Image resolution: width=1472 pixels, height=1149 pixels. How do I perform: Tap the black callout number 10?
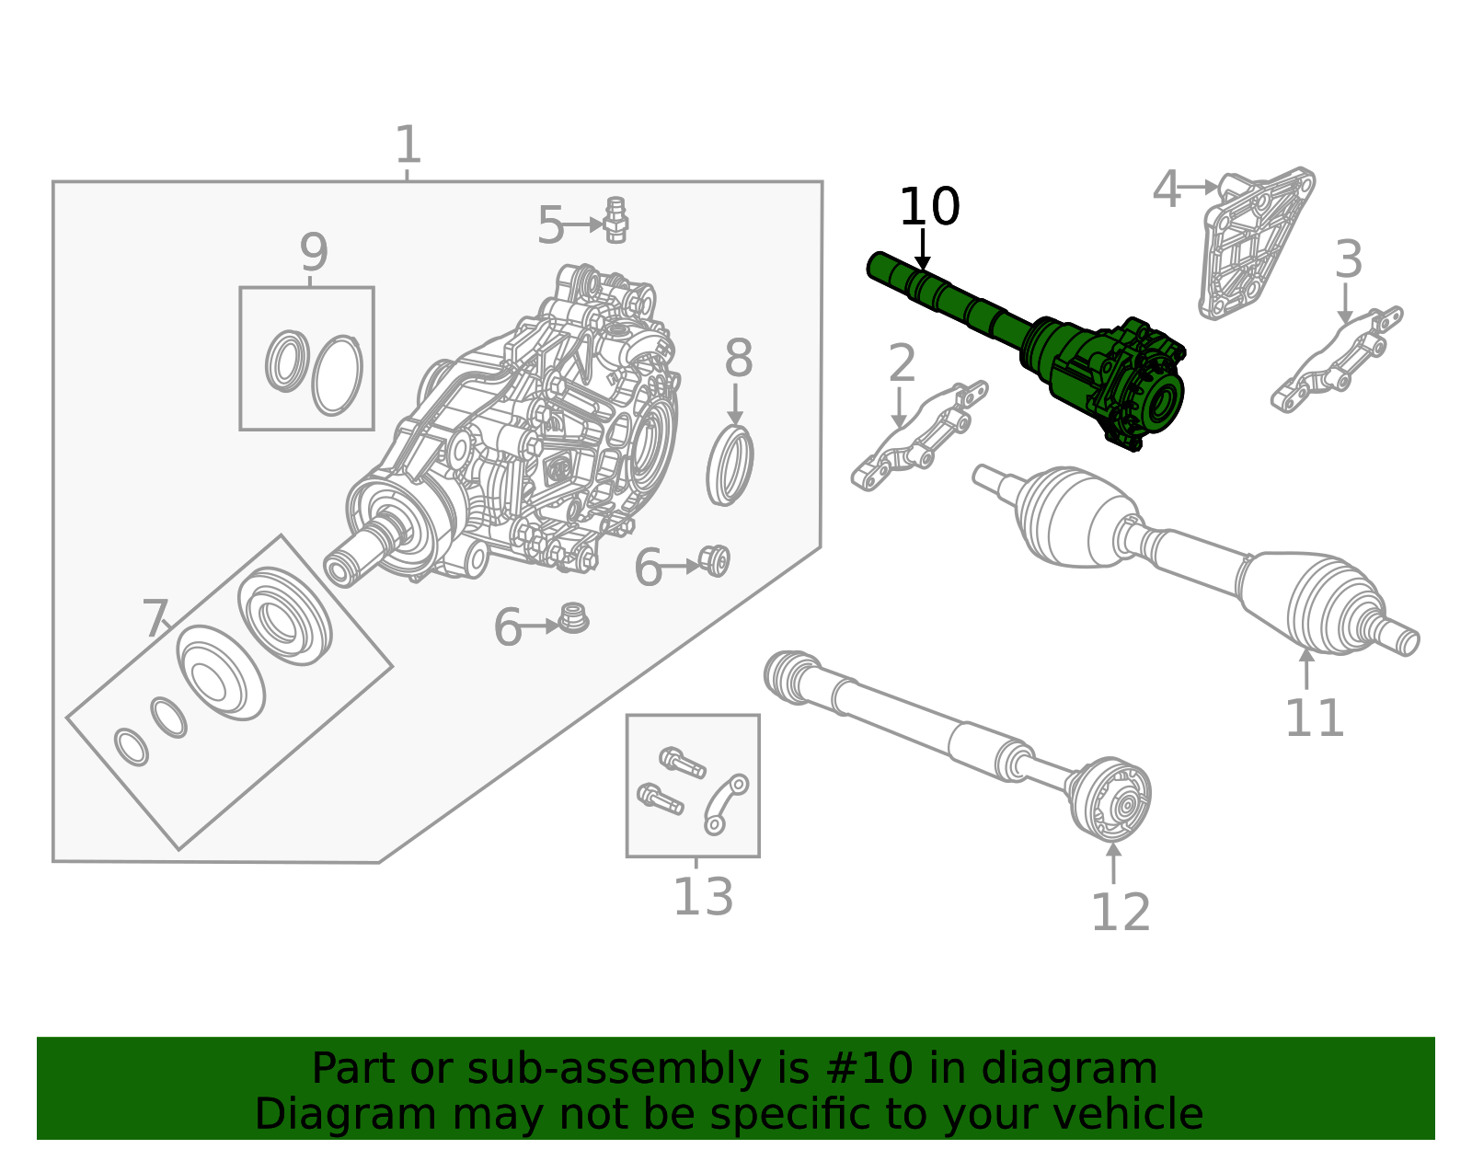pyautogui.click(x=928, y=207)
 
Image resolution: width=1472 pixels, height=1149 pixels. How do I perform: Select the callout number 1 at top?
pyautogui.click(x=408, y=145)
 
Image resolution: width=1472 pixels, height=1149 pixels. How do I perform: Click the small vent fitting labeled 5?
pyautogui.click(x=616, y=221)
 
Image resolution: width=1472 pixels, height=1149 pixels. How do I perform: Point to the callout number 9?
pyautogui.click(x=313, y=251)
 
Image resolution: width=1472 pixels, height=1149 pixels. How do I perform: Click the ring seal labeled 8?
pyautogui.click(x=730, y=465)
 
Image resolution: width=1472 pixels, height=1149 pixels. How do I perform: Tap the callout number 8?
pyautogui.click(x=738, y=359)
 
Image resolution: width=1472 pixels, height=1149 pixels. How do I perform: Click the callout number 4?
pyautogui.click(x=1166, y=190)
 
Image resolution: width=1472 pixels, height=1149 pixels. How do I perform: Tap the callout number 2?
pyautogui.click(x=902, y=363)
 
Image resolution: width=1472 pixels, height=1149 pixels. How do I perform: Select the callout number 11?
pyautogui.click(x=1314, y=718)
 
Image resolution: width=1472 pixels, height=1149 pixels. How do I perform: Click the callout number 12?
pyautogui.click(x=1120, y=913)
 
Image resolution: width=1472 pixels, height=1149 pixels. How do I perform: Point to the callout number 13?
pyautogui.click(x=703, y=897)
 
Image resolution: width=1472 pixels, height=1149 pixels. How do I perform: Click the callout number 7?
pyautogui.click(x=155, y=618)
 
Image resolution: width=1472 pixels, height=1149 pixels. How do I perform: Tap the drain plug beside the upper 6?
pyautogui.click(x=715, y=560)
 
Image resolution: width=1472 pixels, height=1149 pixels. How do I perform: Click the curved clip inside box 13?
pyautogui.click(x=726, y=803)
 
